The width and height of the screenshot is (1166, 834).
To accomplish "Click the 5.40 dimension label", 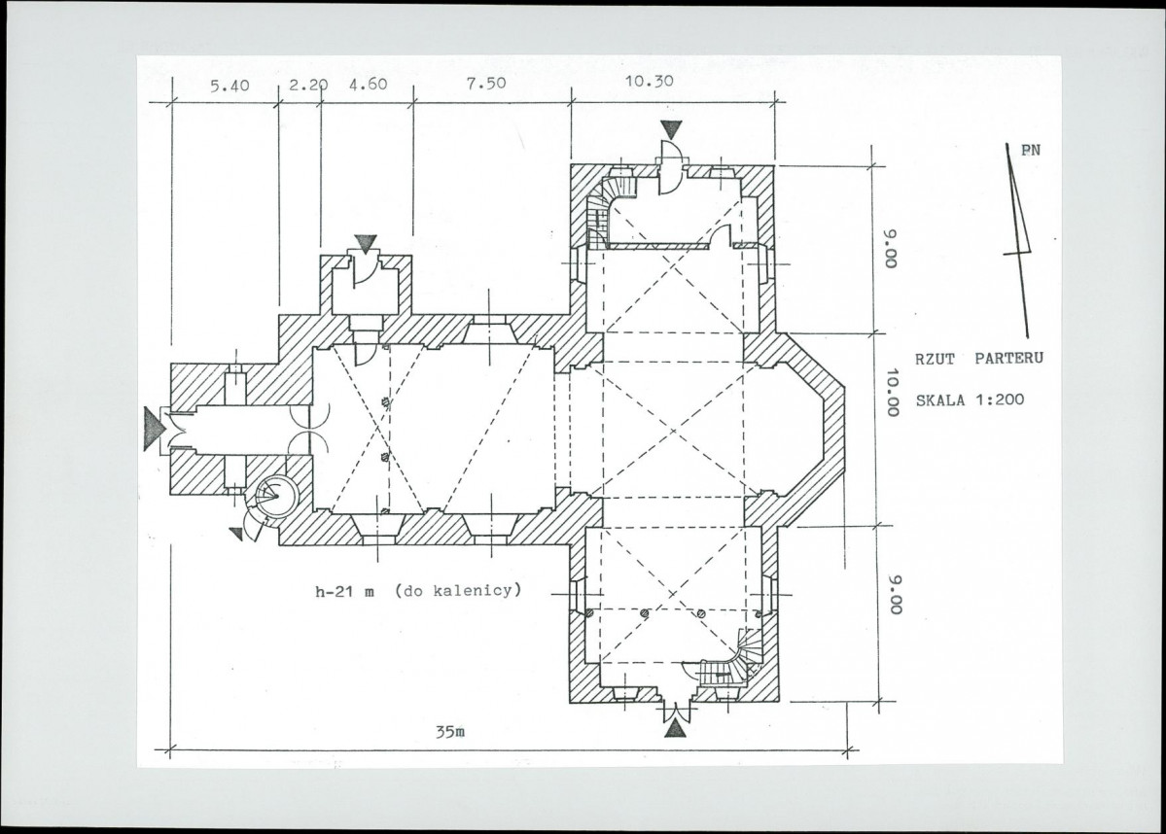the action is tap(230, 86).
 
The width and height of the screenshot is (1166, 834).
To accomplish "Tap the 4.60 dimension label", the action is tap(369, 84).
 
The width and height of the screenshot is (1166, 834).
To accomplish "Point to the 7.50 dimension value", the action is tap(486, 84).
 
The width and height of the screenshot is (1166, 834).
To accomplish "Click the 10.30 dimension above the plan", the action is tap(650, 81).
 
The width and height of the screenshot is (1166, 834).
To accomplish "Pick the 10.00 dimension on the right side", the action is tap(893, 392).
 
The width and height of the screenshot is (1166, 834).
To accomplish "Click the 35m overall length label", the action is tap(450, 731).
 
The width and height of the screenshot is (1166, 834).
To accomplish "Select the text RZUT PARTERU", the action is tap(978, 359).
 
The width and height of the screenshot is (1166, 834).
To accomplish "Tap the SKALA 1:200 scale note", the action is tap(970, 400).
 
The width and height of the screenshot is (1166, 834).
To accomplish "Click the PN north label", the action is tap(1031, 150).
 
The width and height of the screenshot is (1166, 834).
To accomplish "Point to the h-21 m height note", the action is tap(345, 592).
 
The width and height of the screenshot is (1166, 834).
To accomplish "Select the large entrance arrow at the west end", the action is tap(154, 429).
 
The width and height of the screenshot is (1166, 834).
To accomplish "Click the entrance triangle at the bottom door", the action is tap(675, 727).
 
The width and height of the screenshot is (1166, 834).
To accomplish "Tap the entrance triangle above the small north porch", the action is tap(365, 244).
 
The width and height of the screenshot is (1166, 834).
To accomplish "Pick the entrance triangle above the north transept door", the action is tap(671, 130).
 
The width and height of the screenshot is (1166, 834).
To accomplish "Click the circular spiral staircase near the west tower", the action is tap(276, 495).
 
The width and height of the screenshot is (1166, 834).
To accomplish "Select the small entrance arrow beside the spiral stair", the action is tap(235, 534).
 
